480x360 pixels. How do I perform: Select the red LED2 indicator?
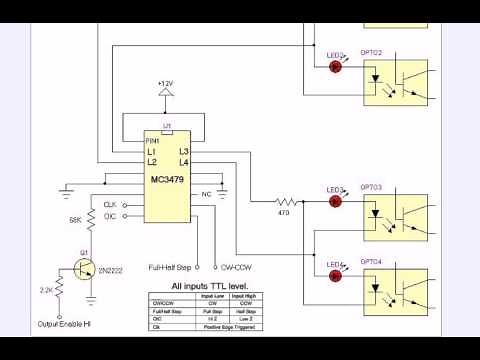(336, 67)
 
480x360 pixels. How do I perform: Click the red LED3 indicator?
(336, 201)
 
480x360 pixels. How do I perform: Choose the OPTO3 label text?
(371, 187)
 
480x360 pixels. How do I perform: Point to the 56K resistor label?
(75, 219)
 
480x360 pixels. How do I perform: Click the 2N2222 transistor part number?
(110, 269)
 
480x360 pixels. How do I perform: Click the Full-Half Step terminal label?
(169, 267)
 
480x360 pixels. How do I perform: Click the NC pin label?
(207, 193)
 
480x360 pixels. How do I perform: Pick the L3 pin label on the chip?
(184, 151)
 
